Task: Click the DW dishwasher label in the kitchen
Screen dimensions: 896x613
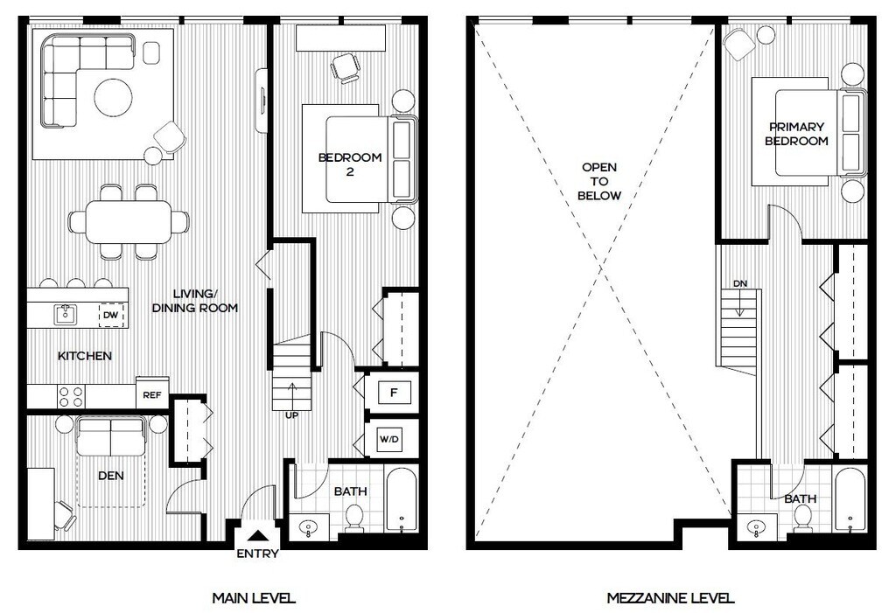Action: pos(111,316)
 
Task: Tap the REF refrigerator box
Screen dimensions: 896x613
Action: pos(152,394)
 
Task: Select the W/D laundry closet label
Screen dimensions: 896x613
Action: pos(389,439)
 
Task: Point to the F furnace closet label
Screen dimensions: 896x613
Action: pos(393,393)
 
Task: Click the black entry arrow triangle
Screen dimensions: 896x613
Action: pos(258,536)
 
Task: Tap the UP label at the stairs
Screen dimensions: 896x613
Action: pos(292,415)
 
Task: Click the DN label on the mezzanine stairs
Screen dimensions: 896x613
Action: pos(740,283)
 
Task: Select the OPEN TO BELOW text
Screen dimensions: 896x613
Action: pos(598,182)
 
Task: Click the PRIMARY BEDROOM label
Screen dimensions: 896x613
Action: pos(796,134)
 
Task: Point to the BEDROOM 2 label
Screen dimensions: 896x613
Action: pos(350,164)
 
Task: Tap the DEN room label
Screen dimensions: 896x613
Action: pos(111,476)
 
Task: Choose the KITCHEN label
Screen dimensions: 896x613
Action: pos(85,356)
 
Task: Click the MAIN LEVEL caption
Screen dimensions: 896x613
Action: pos(254,598)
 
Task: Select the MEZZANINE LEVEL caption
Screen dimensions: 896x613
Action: pos(670,598)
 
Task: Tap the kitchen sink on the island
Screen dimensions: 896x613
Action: pos(65,314)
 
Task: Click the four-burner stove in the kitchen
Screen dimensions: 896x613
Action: pos(72,397)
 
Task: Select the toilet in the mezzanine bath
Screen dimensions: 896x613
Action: pos(803,519)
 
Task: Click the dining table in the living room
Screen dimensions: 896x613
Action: pos(128,221)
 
